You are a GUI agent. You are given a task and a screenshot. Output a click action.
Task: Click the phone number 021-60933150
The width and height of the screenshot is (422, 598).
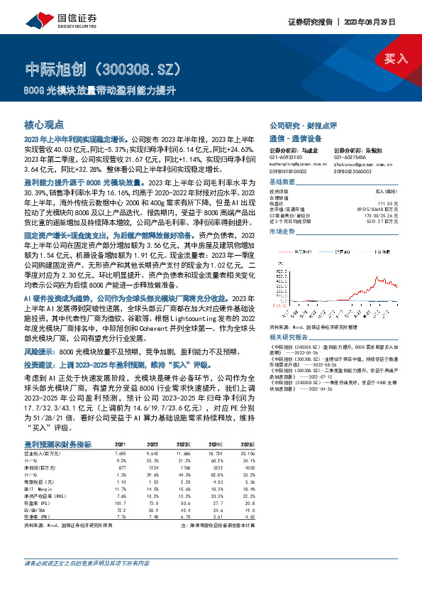point(286,158)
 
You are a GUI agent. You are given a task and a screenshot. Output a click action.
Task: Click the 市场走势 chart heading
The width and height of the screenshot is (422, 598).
point(283,232)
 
